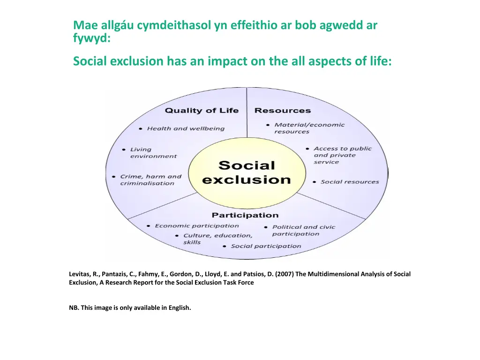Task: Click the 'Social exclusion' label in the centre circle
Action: click(247, 172)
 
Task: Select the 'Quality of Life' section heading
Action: click(202, 111)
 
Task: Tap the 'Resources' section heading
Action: click(283, 111)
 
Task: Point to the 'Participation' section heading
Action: click(245, 215)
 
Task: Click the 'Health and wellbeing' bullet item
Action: click(186, 128)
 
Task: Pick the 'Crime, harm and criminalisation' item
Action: click(150, 180)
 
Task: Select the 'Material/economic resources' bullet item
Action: click(309, 128)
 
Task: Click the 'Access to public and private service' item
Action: click(342, 155)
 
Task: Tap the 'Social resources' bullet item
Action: click(350, 182)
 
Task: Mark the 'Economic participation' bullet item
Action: click(197, 226)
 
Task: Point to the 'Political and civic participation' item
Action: click(304, 230)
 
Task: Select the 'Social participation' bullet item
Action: click(266, 246)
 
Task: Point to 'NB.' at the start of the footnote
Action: click(74, 308)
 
